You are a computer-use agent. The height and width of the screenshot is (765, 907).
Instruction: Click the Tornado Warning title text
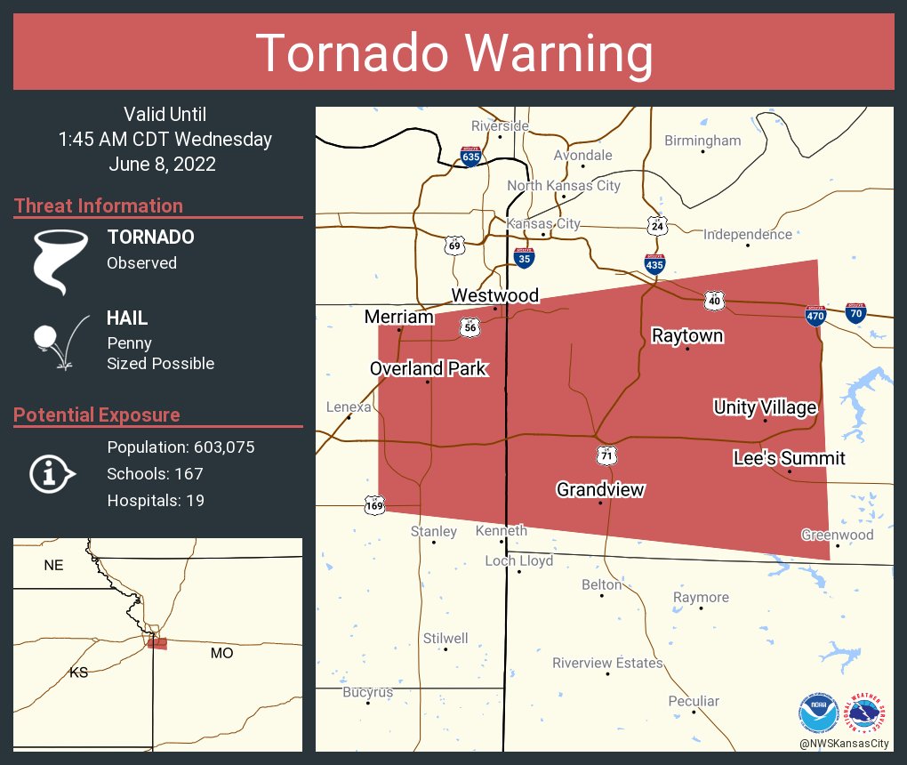453,52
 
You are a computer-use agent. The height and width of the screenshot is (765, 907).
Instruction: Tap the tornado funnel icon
60,261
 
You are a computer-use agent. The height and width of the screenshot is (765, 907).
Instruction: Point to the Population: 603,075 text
181,447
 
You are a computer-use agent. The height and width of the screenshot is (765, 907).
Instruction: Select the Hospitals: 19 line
156,500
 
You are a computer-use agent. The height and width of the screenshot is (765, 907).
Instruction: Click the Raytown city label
686,335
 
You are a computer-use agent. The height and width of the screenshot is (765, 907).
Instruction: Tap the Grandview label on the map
600,489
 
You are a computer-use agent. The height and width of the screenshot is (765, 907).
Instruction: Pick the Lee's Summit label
789,458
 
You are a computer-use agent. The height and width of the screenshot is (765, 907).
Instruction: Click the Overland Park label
429,368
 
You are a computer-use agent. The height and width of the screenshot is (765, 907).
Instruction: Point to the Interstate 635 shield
471,157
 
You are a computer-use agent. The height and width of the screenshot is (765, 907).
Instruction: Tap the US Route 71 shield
606,455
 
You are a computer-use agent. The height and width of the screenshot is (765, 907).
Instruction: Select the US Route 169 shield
374,505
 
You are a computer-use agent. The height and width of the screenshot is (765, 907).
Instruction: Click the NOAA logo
817,713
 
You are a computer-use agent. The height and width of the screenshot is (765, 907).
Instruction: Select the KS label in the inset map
79,672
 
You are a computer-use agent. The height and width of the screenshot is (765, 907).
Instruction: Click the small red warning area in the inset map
157,642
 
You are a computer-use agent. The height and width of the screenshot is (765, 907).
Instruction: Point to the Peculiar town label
693,701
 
